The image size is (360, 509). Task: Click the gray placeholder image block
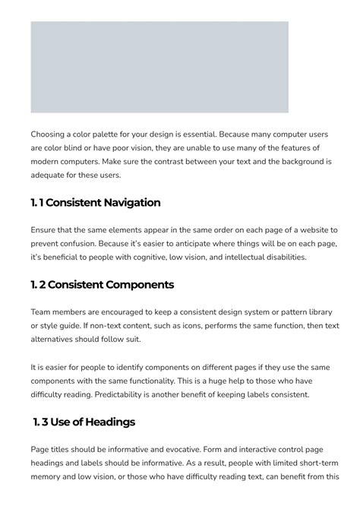click(159, 67)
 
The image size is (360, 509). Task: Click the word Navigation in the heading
click(125, 203)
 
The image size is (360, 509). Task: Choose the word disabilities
click(279, 257)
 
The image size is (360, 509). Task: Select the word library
click(318, 311)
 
